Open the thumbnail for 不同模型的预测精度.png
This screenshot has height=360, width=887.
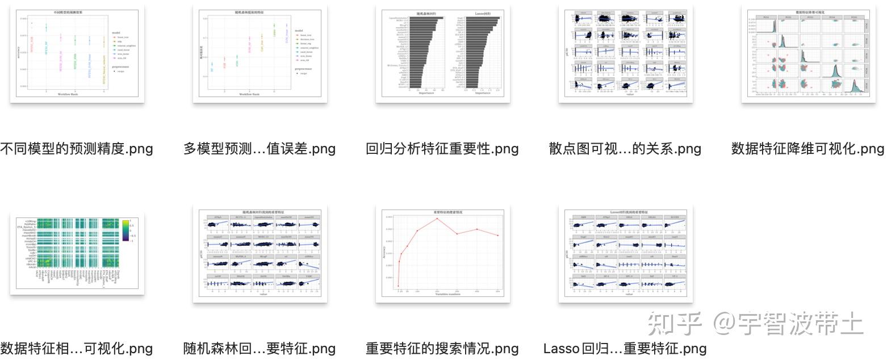point(77,54)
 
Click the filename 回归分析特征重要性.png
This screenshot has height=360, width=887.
point(442,149)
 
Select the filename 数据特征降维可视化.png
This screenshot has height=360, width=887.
point(807,149)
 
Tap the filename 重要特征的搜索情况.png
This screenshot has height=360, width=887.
point(442,348)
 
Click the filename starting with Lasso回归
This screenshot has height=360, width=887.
point(625,348)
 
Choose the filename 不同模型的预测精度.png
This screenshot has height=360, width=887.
point(77,149)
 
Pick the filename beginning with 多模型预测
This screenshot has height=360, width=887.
point(260,149)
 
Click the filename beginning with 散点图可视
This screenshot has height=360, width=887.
point(625,149)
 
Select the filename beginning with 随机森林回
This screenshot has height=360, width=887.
point(260,348)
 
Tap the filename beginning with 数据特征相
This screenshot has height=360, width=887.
point(77,348)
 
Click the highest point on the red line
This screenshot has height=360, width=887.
point(437,219)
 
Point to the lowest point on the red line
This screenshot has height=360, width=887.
point(398,286)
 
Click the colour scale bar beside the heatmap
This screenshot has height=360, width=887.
point(125,231)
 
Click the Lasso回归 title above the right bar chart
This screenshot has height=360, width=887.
point(482,12)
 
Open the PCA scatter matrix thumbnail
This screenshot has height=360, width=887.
point(807,54)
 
